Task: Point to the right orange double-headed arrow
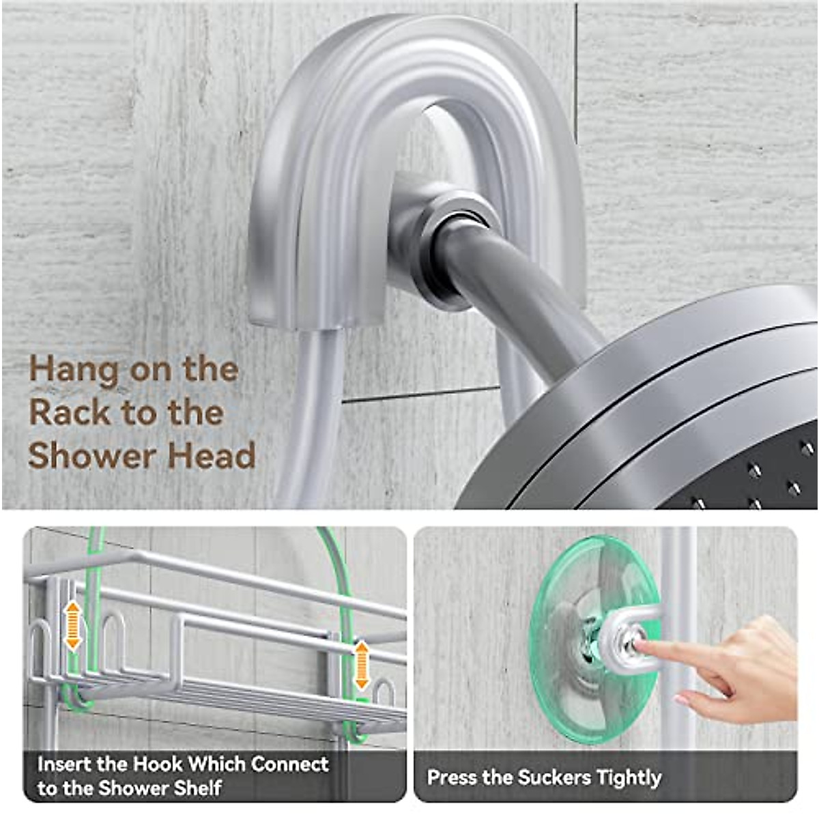(362, 665)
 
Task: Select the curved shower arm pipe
(519, 287)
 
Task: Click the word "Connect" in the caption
(289, 764)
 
